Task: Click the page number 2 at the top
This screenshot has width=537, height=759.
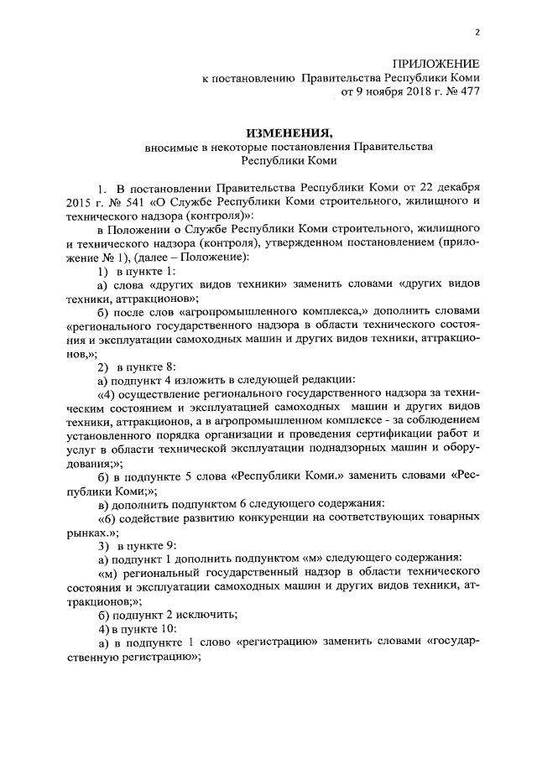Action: point(477,33)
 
